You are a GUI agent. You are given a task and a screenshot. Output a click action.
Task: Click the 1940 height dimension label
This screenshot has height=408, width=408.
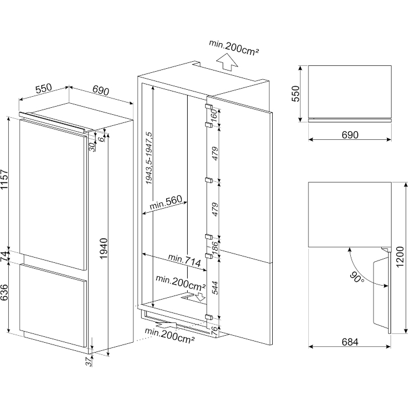[x=104, y=248]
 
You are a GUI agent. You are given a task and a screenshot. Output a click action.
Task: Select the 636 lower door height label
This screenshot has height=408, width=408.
[x=5, y=292]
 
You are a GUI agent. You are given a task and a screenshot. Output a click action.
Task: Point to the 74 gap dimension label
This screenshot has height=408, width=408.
[x=5, y=258]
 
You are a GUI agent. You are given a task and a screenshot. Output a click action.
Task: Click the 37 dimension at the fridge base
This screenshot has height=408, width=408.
[x=89, y=362]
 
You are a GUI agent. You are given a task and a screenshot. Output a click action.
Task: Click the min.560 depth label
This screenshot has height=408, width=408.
[x=166, y=203]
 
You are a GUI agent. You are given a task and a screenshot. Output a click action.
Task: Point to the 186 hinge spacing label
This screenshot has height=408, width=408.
[x=214, y=248]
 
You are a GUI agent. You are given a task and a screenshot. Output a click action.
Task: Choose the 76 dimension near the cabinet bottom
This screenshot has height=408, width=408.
[x=214, y=331]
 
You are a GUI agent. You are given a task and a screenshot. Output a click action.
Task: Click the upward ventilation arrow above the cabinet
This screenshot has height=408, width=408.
[x=227, y=62]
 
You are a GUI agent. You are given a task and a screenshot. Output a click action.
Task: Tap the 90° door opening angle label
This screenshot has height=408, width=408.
[x=357, y=277]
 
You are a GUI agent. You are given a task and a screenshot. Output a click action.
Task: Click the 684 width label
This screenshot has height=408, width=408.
[x=350, y=342]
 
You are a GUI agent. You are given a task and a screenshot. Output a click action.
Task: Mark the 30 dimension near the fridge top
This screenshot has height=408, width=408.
[x=92, y=147]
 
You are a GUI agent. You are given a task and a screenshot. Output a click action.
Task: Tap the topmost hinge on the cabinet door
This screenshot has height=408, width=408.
[x=209, y=107]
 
